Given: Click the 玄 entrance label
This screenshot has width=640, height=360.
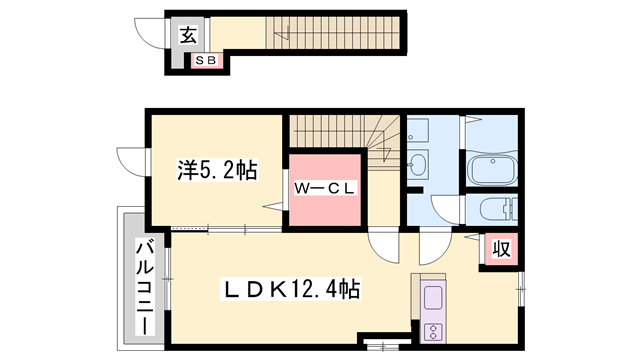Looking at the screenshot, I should click(x=187, y=36).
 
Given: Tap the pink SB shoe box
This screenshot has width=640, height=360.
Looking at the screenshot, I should click(x=207, y=61).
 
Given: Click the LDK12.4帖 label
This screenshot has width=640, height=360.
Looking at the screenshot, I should click(x=290, y=290).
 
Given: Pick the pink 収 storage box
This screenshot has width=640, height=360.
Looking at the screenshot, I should click(x=501, y=248).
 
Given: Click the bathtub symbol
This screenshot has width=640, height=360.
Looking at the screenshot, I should click(x=491, y=170).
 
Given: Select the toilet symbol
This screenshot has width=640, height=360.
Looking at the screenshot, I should click(x=497, y=210).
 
